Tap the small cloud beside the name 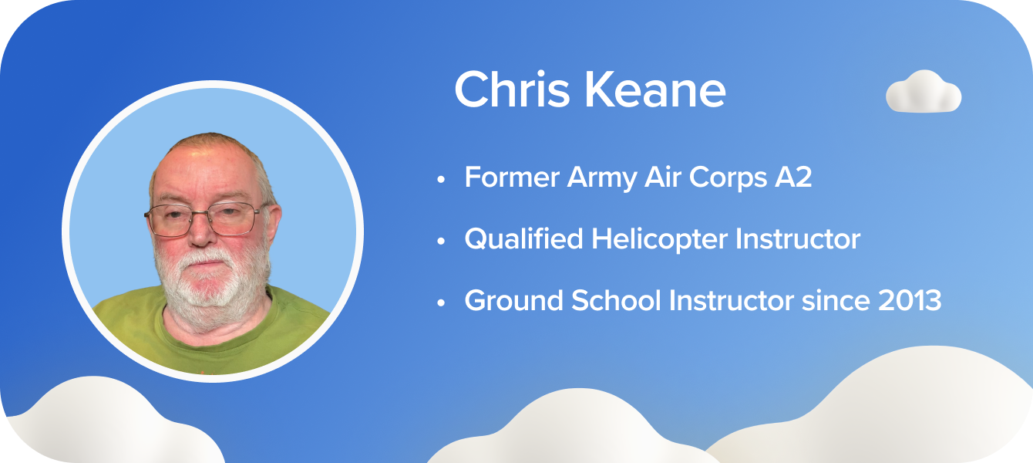coord(924,92)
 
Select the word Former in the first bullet coord(512,177)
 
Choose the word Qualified coord(523,239)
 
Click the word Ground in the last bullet coord(513,301)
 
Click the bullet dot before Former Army coord(441,179)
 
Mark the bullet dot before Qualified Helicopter coord(441,241)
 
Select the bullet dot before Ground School coord(441,302)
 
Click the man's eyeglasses coord(204,218)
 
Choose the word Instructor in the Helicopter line coord(797,239)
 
